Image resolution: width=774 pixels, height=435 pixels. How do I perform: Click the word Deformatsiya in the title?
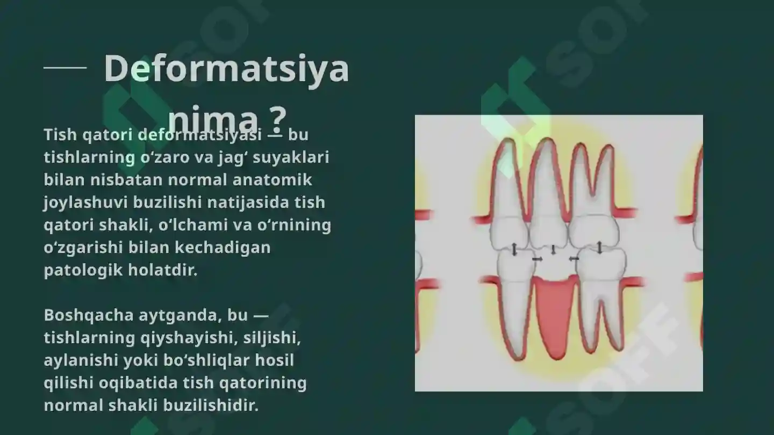[x=226, y=68]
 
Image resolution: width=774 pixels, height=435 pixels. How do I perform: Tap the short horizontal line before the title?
[x=64, y=68]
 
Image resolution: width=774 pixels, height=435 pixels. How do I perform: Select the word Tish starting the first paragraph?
[x=60, y=134]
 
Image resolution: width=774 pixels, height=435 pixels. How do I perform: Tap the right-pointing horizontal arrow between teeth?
[x=536, y=259]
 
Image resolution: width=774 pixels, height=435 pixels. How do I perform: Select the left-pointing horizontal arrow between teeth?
[x=574, y=259]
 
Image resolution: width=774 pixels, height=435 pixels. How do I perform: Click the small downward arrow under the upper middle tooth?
[x=554, y=250]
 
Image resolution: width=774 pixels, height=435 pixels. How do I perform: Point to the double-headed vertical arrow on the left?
[x=514, y=249]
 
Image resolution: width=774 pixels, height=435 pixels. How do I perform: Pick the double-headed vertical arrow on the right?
[x=600, y=248]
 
